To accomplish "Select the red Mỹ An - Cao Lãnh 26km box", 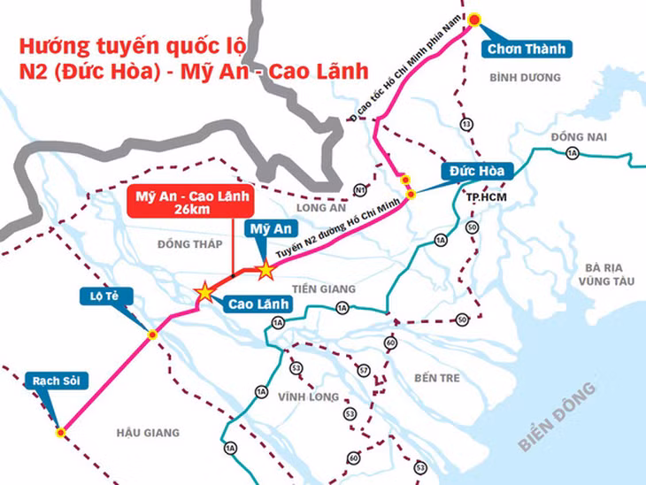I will pyautogui.click(x=189, y=202).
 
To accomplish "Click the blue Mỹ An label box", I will pyautogui.click(x=270, y=230).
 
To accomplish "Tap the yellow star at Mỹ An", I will pyautogui.click(x=265, y=270).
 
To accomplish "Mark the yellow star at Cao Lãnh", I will pyautogui.click(x=205, y=291).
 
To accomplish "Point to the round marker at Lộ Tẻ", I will pyautogui.click(x=152, y=335).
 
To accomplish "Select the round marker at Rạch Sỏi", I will pyautogui.click(x=61, y=433).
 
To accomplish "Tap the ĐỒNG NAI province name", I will pyautogui.click(x=576, y=137).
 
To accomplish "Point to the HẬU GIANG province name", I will pyautogui.click(x=148, y=433).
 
